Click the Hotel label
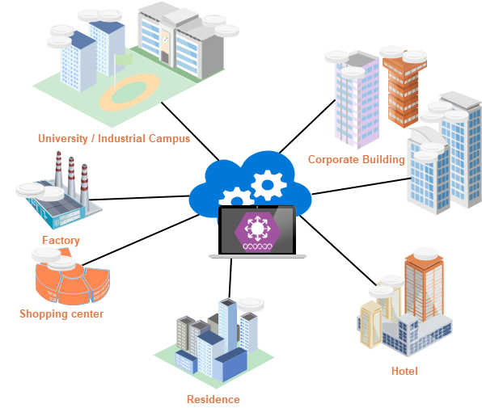(404, 371)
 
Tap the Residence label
(214, 399)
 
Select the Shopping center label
(61, 314)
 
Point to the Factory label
(61, 241)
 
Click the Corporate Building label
(357, 160)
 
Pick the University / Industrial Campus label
(114, 138)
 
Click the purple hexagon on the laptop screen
(258, 232)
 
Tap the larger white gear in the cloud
(268, 184)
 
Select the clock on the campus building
(165, 40)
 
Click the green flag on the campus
(124, 60)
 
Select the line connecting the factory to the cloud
(139, 198)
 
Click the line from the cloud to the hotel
(337, 250)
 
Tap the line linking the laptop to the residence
(230, 278)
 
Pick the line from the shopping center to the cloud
(141, 240)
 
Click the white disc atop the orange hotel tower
(425, 254)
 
